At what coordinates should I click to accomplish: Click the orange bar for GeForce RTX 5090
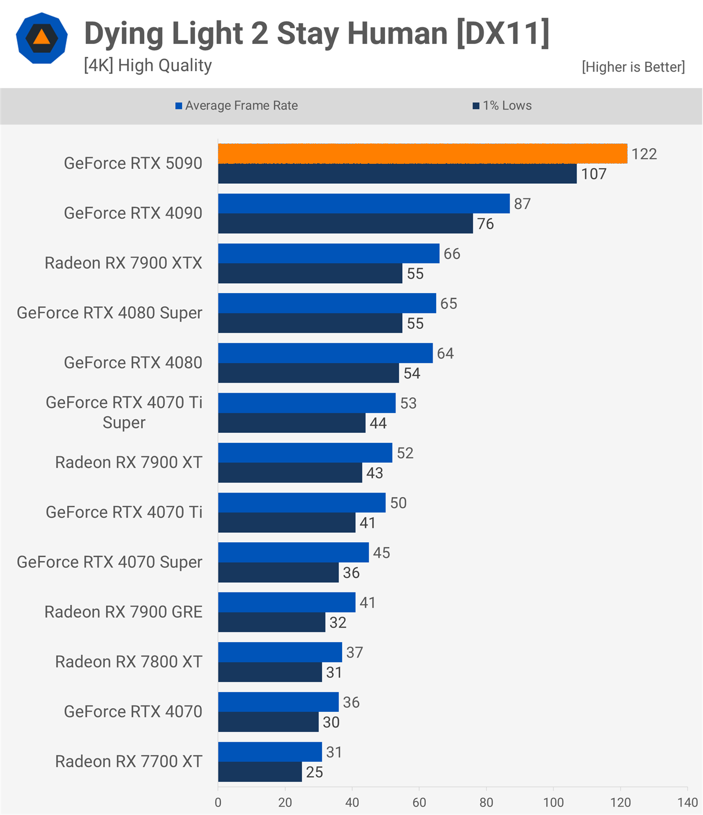(x=423, y=153)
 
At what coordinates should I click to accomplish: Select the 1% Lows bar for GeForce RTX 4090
(x=345, y=224)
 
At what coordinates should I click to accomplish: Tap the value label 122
(x=644, y=154)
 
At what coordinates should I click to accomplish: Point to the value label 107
(x=594, y=174)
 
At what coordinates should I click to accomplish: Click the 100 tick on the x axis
(x=553, y=802)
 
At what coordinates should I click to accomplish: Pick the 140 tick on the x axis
(x=687, y=802)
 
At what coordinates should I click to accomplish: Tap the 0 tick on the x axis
(x=218, y=802)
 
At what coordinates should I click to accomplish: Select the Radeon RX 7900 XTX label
(x=123, y=263)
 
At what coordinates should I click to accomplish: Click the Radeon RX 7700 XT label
(x=129, y=761)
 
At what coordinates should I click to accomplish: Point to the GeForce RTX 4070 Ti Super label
(x=124, y=412)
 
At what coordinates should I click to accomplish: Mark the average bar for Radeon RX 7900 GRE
(x=287, y=602)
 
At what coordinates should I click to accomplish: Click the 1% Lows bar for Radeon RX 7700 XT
(x=260, y=772)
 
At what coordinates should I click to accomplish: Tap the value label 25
(x=314, y=772)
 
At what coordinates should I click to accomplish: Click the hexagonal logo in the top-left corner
(x=42, y=38)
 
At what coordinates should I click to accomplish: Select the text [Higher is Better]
(x=633, y=67)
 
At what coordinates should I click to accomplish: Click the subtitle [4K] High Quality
(x=148, y=65)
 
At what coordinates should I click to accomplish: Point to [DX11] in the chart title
(x=503, y=34)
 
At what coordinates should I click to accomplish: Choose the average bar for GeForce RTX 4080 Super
(x=327, y=303)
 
